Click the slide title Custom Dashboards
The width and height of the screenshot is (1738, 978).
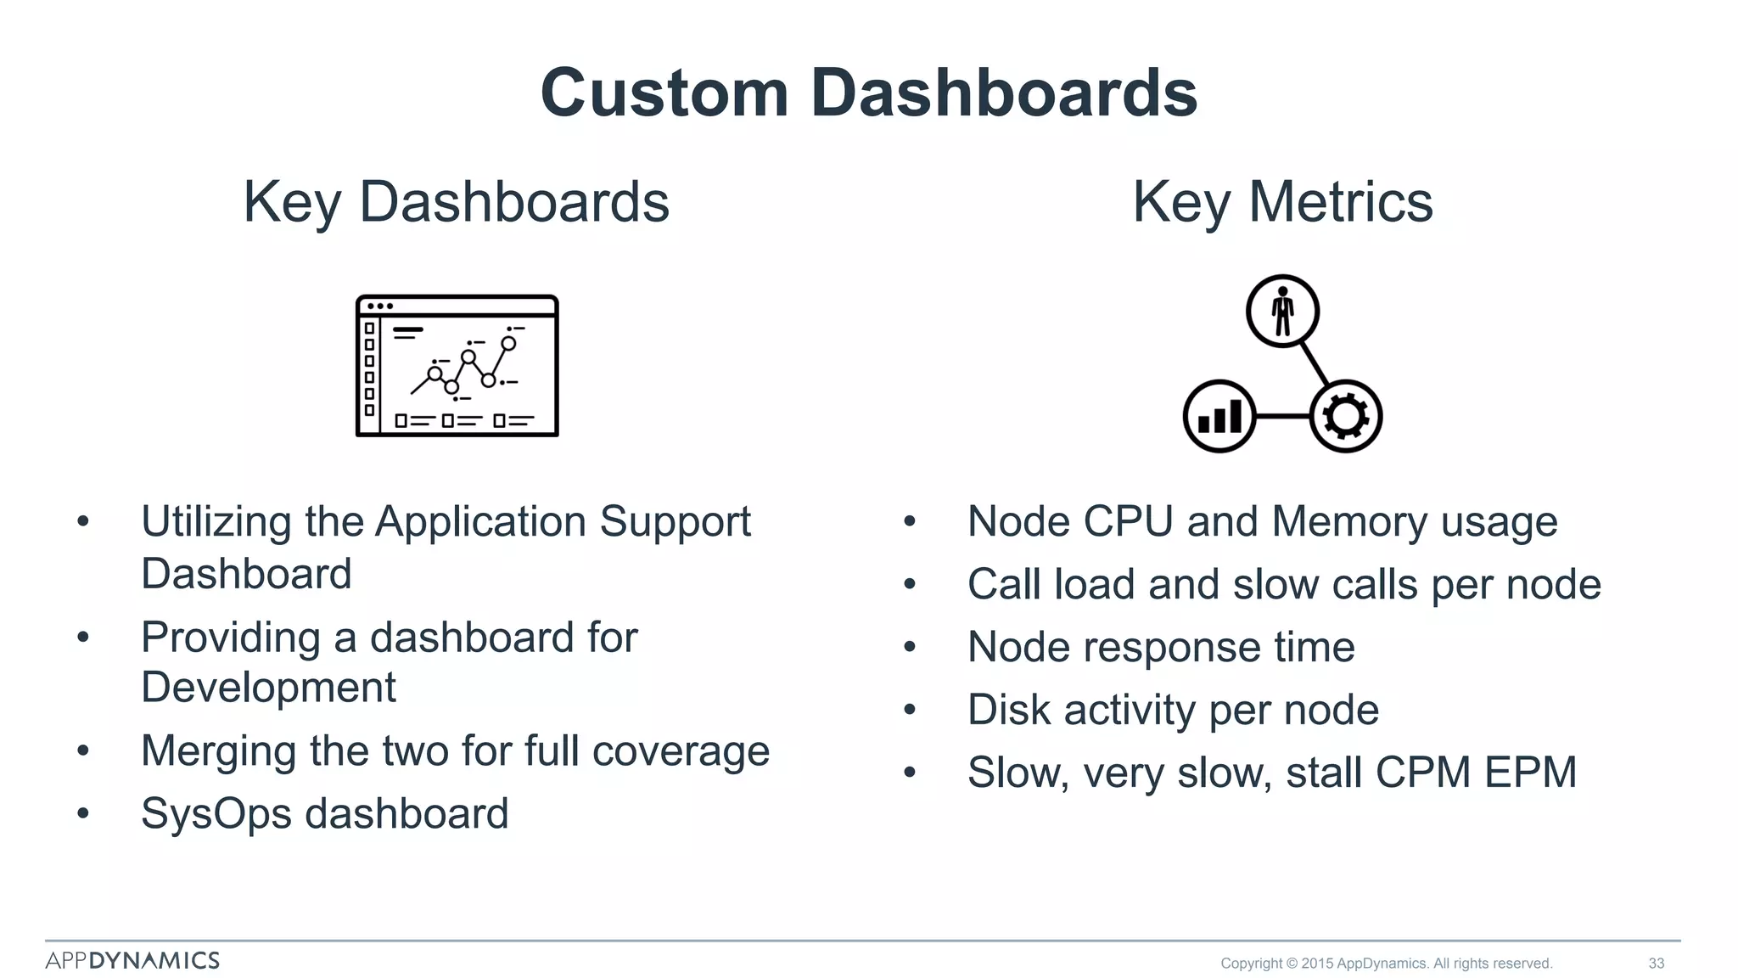click(x=868, y=93)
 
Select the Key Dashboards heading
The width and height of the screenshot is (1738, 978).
click(x=456, y=202)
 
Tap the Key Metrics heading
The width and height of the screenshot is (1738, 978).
click(x=1282, y=202)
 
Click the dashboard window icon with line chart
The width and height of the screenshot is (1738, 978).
click(x=457, y=366)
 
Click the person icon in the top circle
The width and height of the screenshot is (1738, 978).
click(x=1282, y=312)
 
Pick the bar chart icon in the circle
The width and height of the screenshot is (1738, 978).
click(x=1219, y=416)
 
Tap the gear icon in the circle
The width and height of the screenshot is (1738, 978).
click(x=1346, y=416)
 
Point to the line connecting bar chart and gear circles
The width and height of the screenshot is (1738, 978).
click(x=1282, y=416)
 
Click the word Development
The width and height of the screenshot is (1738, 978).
click(x=268, y=687)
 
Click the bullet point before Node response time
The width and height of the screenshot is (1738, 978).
click(x=910, y=648)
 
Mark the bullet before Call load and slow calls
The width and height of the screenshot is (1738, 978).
click(x=910, y=585)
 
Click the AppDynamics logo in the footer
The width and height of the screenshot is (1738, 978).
click(x=132, y=960)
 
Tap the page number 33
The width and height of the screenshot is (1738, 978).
click(x=1656, y=963)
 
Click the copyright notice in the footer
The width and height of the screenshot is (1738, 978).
click(x=1386, y=963)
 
